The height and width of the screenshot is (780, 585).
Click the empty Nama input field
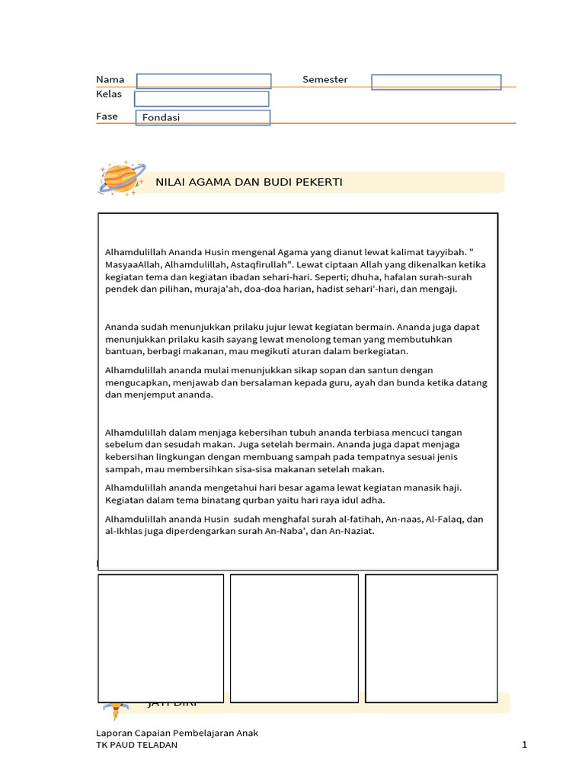(x=203, y=81)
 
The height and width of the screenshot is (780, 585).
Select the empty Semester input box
(x=436, y=82)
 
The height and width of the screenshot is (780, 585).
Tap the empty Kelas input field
(x=201, y=99)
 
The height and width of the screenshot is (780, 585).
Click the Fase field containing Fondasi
(x=203, y=117)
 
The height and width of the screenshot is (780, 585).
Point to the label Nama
(x=110, y=80)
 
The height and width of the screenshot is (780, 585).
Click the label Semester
(x=324, y=80)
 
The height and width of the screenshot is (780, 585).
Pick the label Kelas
(x=109, y=94)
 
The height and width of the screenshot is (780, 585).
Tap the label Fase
(x=107, y=117)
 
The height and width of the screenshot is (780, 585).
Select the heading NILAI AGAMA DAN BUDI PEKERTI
(x=248, y=182)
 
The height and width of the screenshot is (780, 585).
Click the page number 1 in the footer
(x=525, y=745)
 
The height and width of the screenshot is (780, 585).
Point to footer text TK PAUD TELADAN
(x=136, y=745)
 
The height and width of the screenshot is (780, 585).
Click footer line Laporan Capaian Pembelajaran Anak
(x=177, y=733)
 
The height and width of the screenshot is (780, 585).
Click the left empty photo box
(x=161, y=638)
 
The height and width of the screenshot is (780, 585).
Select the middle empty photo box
(x=294, y=638)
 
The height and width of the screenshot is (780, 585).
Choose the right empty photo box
(x=431, y=638)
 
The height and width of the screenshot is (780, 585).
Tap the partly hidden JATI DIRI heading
(x=171, y=705)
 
